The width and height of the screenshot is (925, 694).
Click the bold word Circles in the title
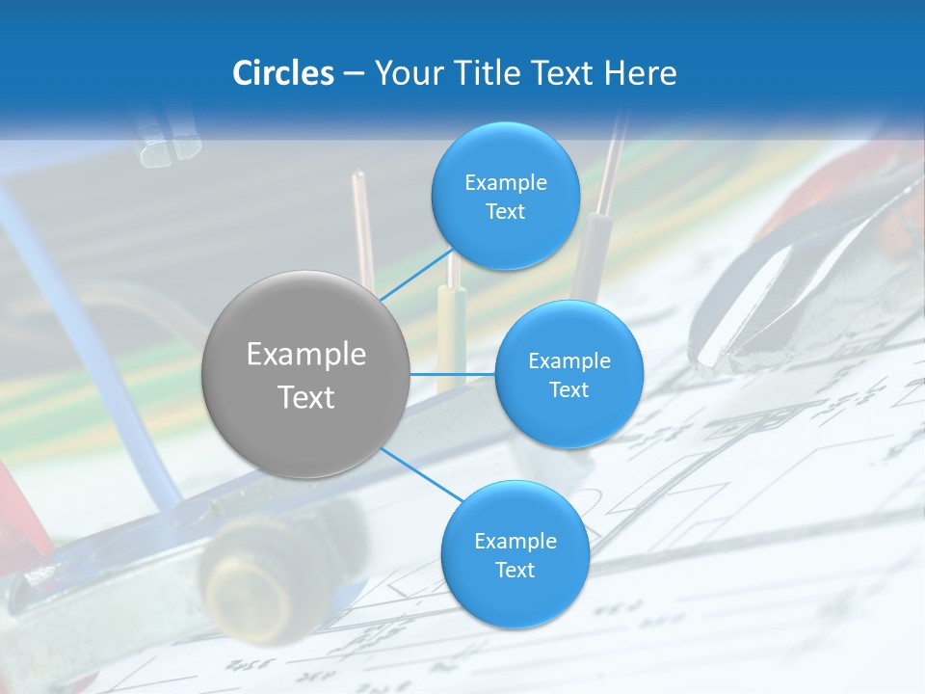click(283, 73)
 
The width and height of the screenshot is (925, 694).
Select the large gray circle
click(305, 374)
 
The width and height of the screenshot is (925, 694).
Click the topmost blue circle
click(506, 197)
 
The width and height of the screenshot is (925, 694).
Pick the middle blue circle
click(568, 374)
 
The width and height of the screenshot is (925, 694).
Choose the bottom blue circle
click(515, 554)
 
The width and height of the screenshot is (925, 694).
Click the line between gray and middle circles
click(452, 374)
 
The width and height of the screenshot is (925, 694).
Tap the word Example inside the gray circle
click(306, 355)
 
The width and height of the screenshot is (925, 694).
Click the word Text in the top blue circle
click(506, 212)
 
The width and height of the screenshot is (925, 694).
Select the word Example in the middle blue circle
click(569, 360)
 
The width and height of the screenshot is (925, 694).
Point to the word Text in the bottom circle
click(515, 570)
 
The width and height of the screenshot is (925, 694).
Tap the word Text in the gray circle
click(306, 397)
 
